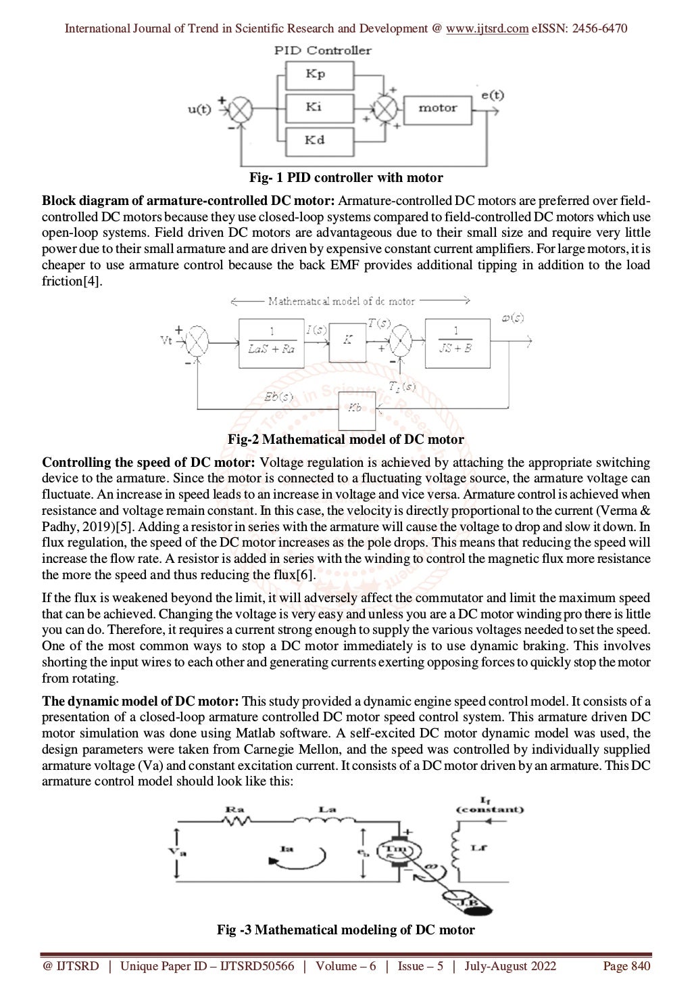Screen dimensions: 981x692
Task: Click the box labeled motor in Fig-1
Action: pos(437,108)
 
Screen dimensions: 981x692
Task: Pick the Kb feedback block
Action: pos(355,409)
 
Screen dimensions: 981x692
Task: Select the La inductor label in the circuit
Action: pos(326,808)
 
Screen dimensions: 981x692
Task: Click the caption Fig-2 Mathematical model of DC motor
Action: pos(345,440)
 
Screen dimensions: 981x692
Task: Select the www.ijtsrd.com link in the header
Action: pos(487,28)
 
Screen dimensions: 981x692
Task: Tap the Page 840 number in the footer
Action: pos(626,966)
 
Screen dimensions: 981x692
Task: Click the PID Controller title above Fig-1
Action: pos(322,50)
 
